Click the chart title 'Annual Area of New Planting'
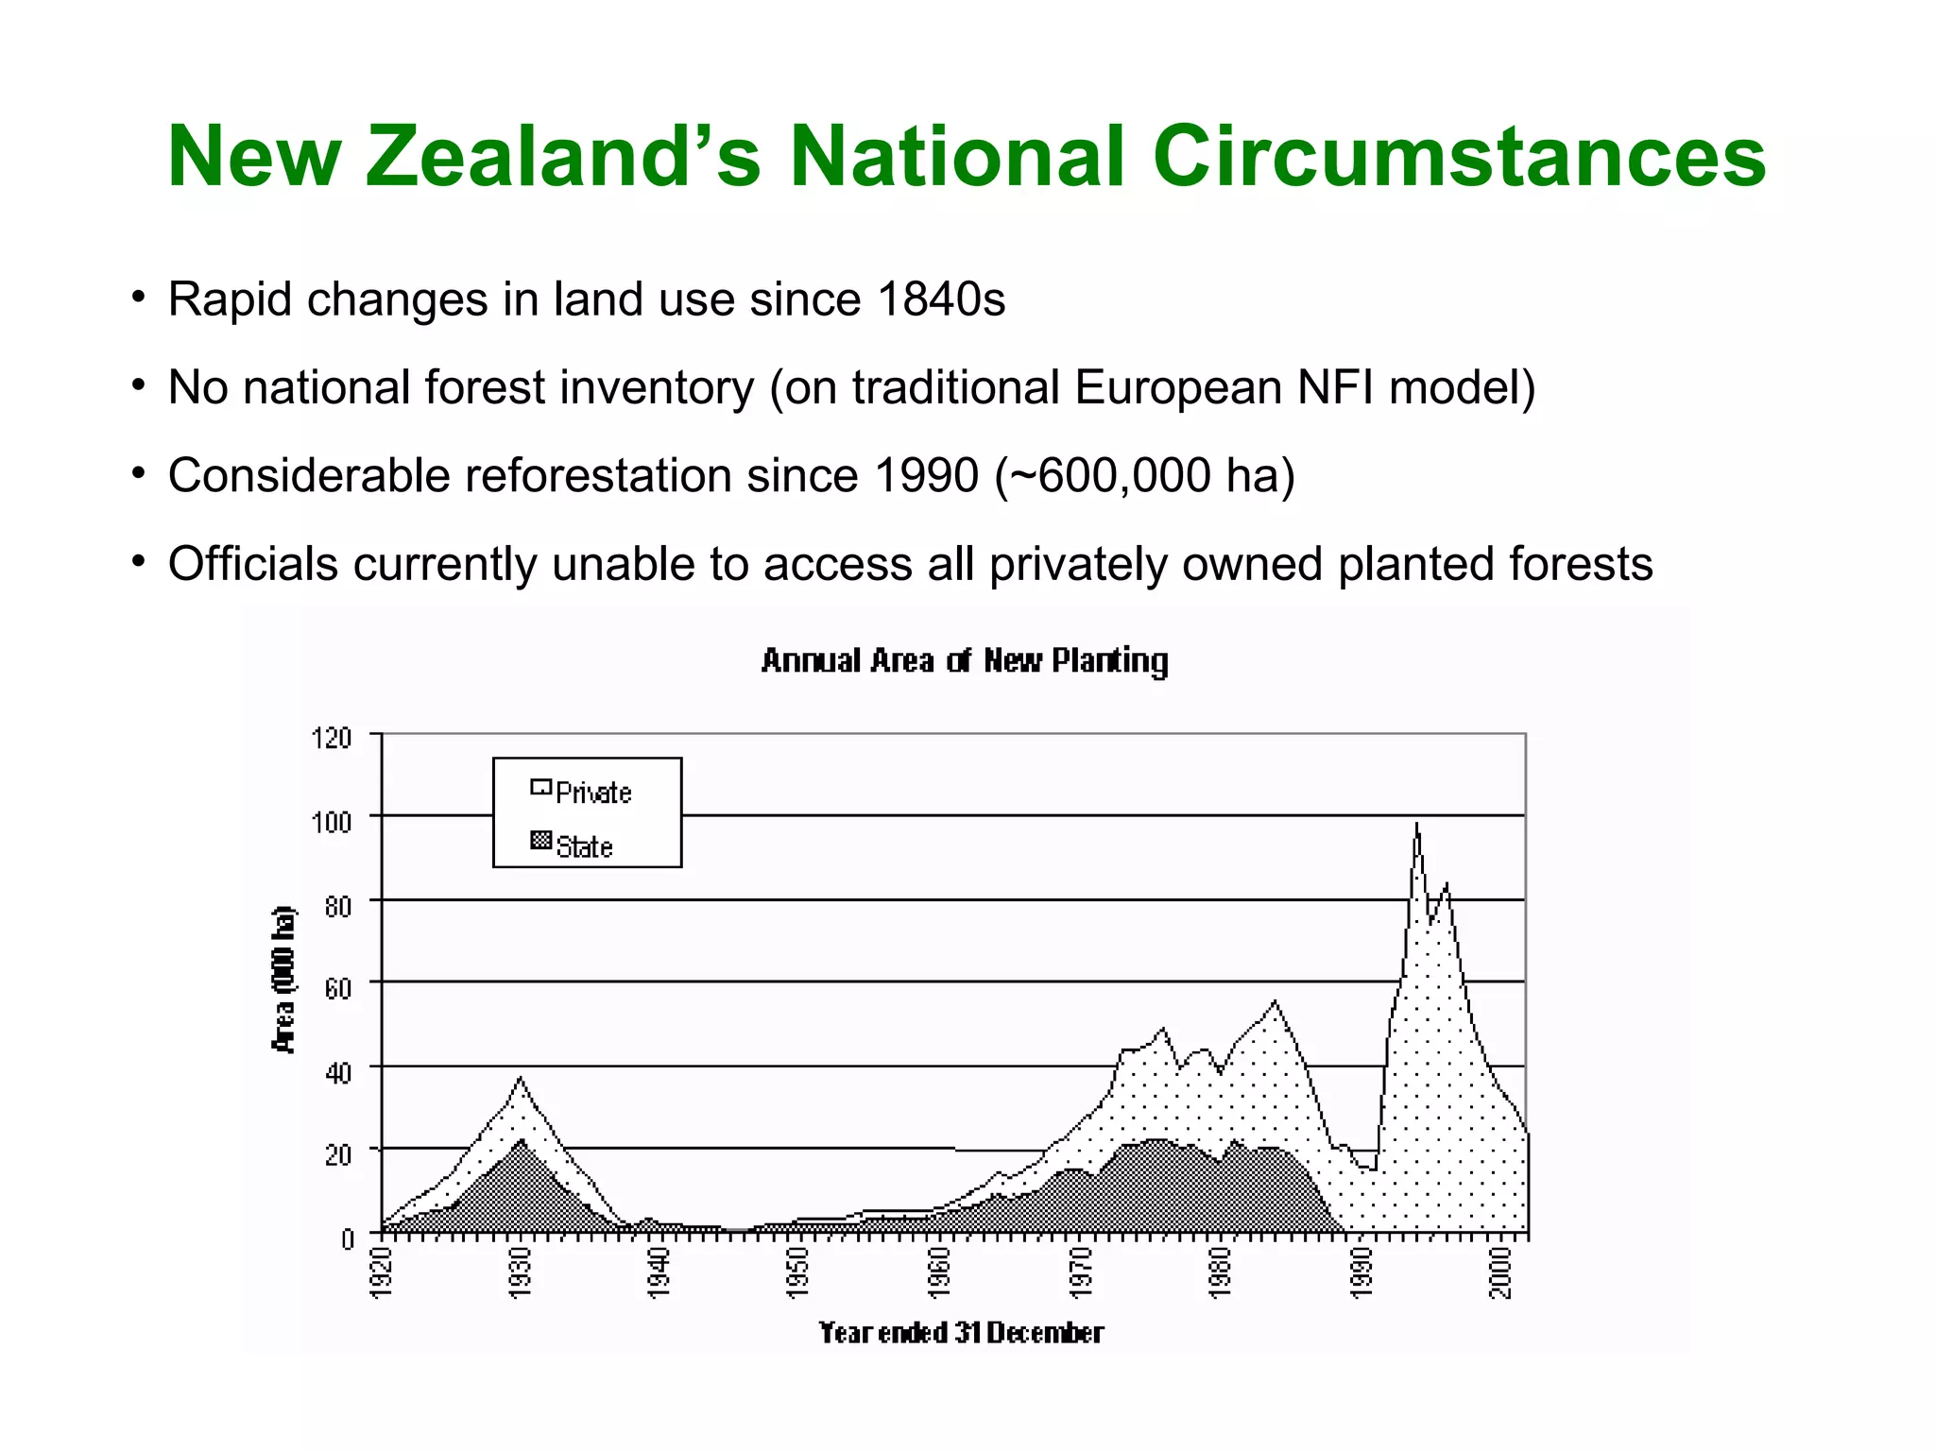point(965,660)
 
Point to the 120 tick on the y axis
point(331,738)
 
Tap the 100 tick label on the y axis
point(331,821)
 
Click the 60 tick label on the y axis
point(337,988)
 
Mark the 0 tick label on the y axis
point(347,1238)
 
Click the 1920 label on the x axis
point(380,1272)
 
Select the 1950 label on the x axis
point(799,1272)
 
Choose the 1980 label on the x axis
point(1220,1272)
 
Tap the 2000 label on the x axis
point(1499,1272)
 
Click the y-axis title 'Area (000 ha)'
point(283,980)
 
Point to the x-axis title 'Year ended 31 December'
point(961,1333)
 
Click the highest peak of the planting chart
point(1416,825)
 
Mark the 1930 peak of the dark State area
point(522,1140)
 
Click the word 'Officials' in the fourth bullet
point(253,564)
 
